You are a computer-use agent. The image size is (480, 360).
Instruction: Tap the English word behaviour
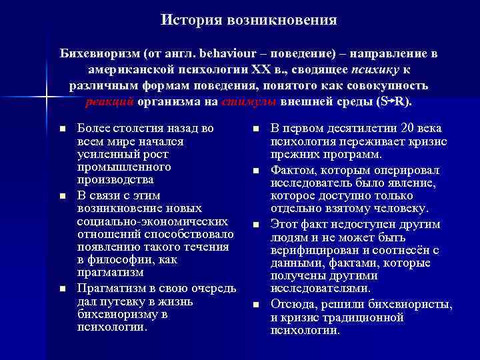(x=203, y=53)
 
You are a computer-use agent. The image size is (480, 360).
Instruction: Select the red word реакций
(x=110, y=103)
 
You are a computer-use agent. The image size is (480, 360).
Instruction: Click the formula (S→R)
(x=394, y=103)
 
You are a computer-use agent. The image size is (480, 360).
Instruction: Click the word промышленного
(x=115, y=167)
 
